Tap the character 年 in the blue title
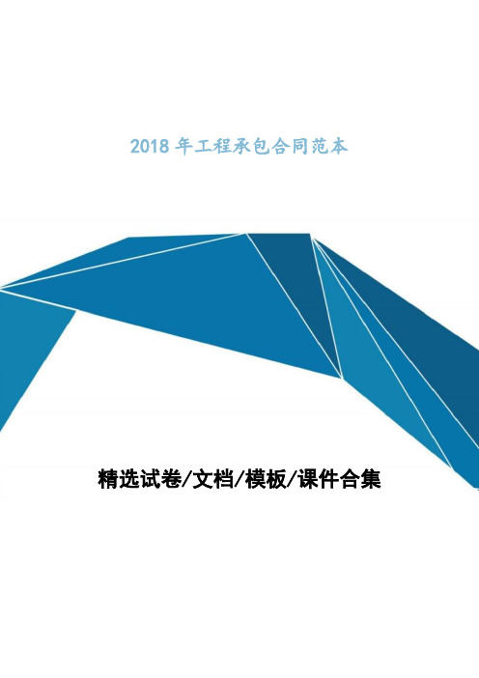[x=183, y=147]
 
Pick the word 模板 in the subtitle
[x=266, y=479]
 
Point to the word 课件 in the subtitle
[x=319, y=479]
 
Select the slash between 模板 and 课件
[x=293, y=479]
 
